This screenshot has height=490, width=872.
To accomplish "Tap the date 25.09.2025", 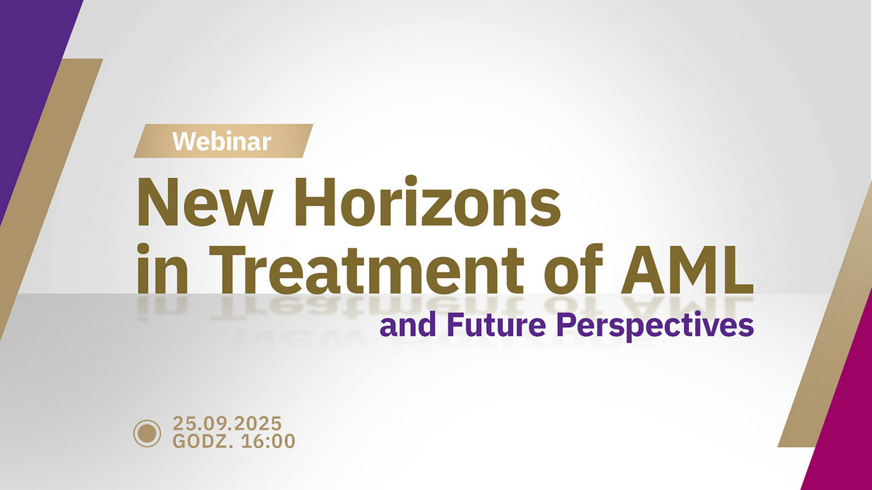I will (227, 423).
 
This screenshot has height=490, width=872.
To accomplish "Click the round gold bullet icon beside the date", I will (148, 432).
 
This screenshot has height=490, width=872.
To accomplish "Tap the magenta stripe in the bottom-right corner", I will (843, 428).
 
